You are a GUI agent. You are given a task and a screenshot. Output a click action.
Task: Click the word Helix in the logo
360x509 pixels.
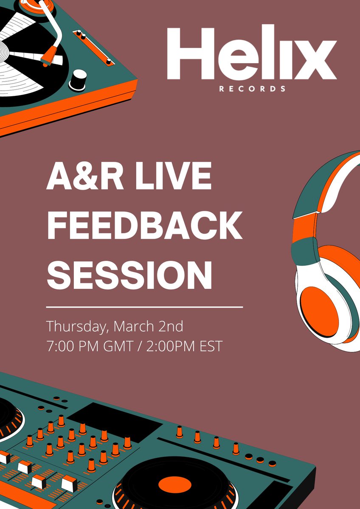pyautogui.click(x=251, y=54)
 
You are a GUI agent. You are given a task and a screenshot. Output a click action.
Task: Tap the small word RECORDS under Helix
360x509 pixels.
pyautogui.click(x=252, y=89)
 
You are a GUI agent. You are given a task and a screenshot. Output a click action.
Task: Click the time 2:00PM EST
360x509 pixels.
pyautogui.click(x=183, y=346)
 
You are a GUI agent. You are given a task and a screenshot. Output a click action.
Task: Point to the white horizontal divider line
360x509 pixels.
pyautogui.click(x=144, y=306)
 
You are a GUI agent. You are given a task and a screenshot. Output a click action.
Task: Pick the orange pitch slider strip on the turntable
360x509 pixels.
pyautogui.click(x=93, y=47)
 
